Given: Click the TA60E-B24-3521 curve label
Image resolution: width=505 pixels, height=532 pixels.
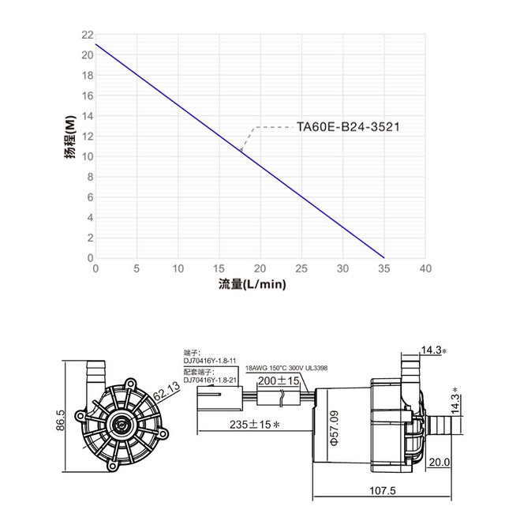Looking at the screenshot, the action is (x=348, y=127).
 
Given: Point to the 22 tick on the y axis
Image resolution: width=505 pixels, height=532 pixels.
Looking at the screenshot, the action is (x=87, y=35).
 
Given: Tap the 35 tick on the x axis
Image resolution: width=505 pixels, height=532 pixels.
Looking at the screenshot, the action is (x=384, y=268).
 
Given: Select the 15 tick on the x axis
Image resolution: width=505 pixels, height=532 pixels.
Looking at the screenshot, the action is (x=219, y=268).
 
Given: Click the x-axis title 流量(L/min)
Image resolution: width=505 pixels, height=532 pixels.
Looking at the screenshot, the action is (x=252, y=284).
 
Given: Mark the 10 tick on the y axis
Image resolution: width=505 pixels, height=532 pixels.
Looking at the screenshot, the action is (x=87, y=156).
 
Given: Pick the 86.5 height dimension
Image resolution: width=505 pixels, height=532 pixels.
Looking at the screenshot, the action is (x=61, y=420).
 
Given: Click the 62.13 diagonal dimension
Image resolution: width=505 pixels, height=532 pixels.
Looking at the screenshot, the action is (x=166, y=390).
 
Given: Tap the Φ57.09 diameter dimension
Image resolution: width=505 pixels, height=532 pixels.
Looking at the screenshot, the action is (x=334, y=428).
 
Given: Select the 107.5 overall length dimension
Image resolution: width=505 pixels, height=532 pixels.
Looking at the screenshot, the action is (x=382, y=490).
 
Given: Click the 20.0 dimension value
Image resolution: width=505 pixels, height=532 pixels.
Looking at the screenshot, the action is (x=440, y=462).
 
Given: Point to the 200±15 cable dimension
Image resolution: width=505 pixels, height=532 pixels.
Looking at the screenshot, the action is (x=279, y=380).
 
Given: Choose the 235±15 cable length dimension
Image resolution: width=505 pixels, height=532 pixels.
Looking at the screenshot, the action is (x=254, y=424).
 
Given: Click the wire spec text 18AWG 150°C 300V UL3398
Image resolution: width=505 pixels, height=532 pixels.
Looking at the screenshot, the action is (x=286, y=368).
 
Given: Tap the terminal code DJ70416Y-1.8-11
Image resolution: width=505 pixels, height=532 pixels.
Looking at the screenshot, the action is (x=210, y=361).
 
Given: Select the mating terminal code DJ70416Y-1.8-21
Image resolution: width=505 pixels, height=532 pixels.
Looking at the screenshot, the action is (x=210, y=380).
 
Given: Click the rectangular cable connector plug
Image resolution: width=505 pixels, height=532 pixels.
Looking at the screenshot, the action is (x=220, y=398).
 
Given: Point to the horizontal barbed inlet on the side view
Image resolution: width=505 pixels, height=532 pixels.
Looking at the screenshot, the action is (x=445, y=424).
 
